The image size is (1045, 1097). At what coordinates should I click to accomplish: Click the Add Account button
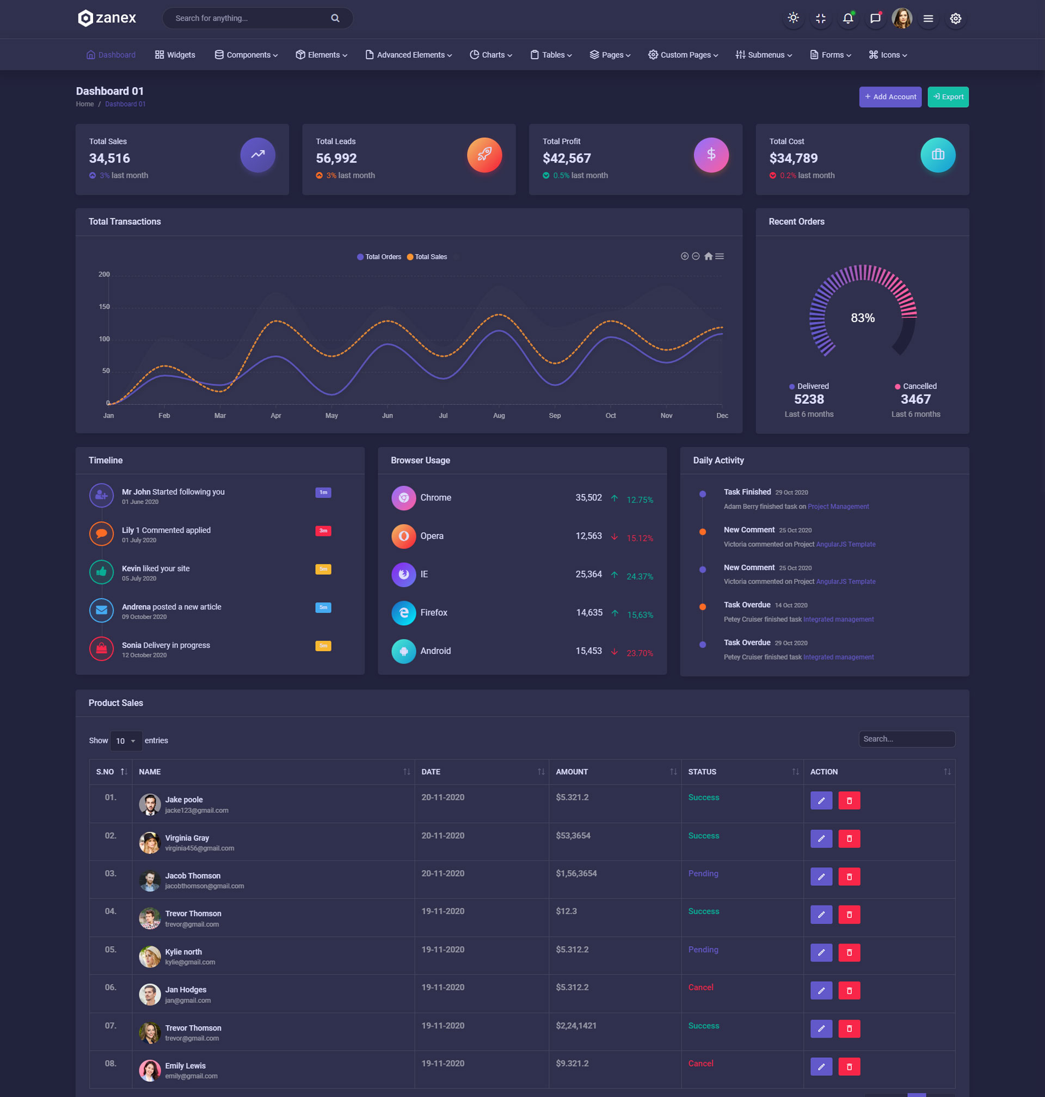pos(889,97)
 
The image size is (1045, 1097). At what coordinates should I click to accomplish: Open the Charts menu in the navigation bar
pos(491,54)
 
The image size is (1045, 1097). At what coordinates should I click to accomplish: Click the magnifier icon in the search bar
pos(335,19)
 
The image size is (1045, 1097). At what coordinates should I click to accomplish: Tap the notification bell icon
pos(847,19)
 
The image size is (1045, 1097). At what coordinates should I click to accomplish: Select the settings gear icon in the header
pos(955,19)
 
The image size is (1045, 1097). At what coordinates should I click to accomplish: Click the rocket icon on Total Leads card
pos(484,155)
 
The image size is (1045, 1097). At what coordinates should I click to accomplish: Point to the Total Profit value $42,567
pos(567,158)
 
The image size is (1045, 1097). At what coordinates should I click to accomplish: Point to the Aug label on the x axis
pos(499,415)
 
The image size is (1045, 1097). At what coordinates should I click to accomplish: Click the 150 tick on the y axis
pos(104,307)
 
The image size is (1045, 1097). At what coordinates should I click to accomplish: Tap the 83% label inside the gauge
pos(862,318)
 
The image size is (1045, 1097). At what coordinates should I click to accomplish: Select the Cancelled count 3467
pos(915,399)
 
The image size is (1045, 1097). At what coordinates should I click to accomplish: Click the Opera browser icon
pos(403,536)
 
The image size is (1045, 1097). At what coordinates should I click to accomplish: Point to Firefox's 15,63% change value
pos(640,615)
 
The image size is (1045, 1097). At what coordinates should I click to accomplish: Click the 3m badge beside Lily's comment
pos(323,531)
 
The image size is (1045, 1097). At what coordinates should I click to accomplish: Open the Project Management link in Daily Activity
pos(838,507)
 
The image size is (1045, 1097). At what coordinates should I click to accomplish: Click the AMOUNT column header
pos(572,772)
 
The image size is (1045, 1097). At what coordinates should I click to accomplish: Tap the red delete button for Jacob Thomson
pos(849,877)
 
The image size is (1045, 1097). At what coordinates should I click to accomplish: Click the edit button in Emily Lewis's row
pos(821,1067)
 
